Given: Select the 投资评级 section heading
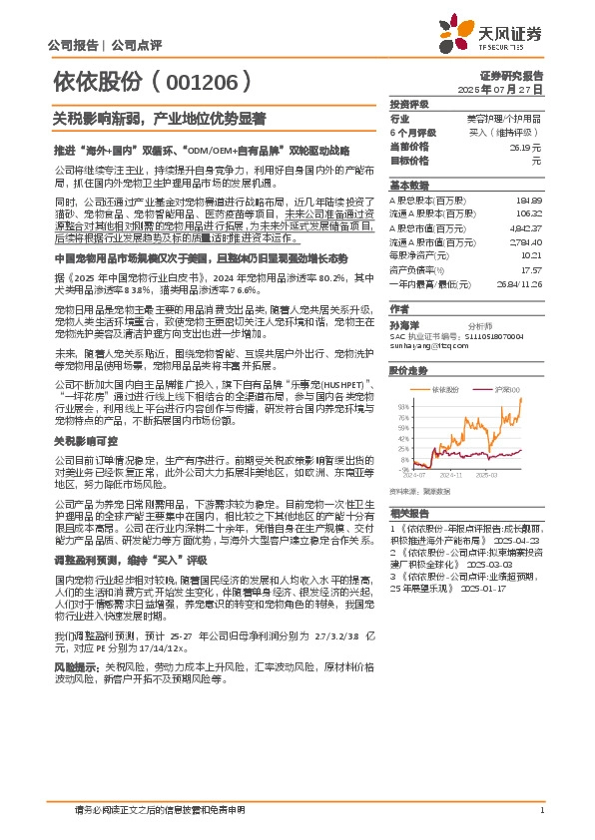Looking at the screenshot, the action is point(409,103).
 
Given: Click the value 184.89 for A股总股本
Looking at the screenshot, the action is point(529,201).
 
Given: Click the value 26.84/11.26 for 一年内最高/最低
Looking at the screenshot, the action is point(519,283).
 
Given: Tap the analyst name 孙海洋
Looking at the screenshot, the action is point(403,324).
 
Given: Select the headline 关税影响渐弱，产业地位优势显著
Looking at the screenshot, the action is point(159,118).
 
